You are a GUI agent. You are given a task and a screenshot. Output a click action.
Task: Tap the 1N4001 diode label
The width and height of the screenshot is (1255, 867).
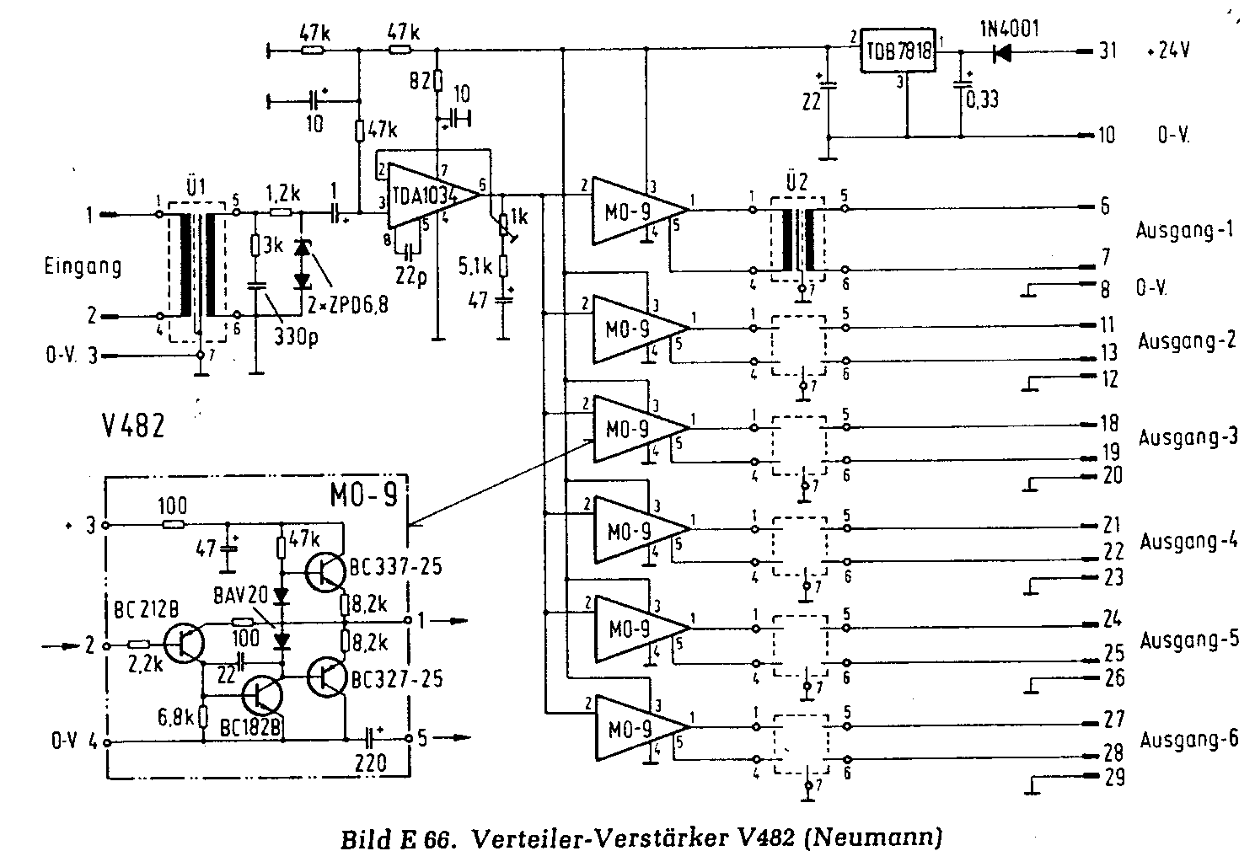click(1010, 28)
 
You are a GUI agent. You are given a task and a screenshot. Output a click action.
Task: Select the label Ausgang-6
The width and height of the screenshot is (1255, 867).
click(1189, 740)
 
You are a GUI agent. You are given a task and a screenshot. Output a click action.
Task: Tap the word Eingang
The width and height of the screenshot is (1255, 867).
click(83, 267)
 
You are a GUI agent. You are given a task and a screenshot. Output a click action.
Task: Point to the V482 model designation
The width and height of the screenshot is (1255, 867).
click(130, 425)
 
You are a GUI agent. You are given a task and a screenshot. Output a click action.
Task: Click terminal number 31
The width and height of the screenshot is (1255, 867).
click(1108, 51)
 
